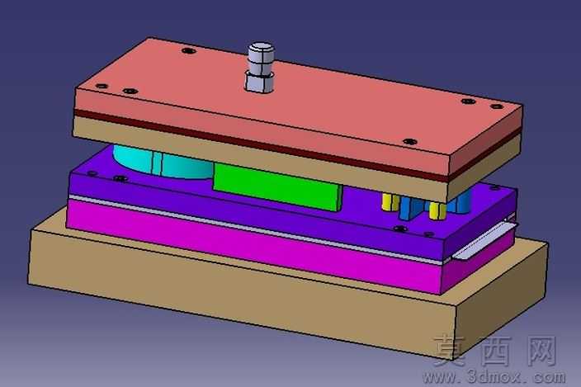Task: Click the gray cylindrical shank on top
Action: tap(261, 67)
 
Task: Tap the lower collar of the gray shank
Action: tap(259, 83)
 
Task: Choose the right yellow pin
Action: tap(437, 210)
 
